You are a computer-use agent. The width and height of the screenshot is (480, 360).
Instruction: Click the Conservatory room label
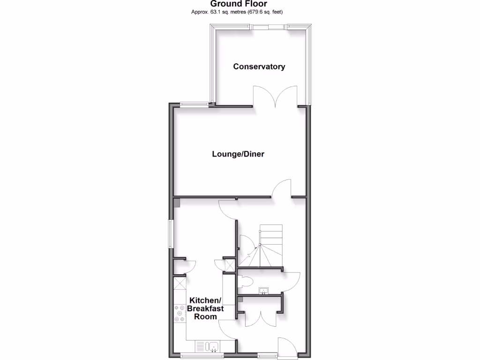pos(259,67)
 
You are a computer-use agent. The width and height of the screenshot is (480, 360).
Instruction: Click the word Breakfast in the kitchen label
pos(205,308)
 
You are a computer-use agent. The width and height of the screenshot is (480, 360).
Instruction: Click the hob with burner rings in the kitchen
pos(180,313)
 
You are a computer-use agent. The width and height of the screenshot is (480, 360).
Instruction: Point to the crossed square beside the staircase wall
pos(230,266)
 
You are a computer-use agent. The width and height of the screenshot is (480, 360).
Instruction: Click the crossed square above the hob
pos(180,283)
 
